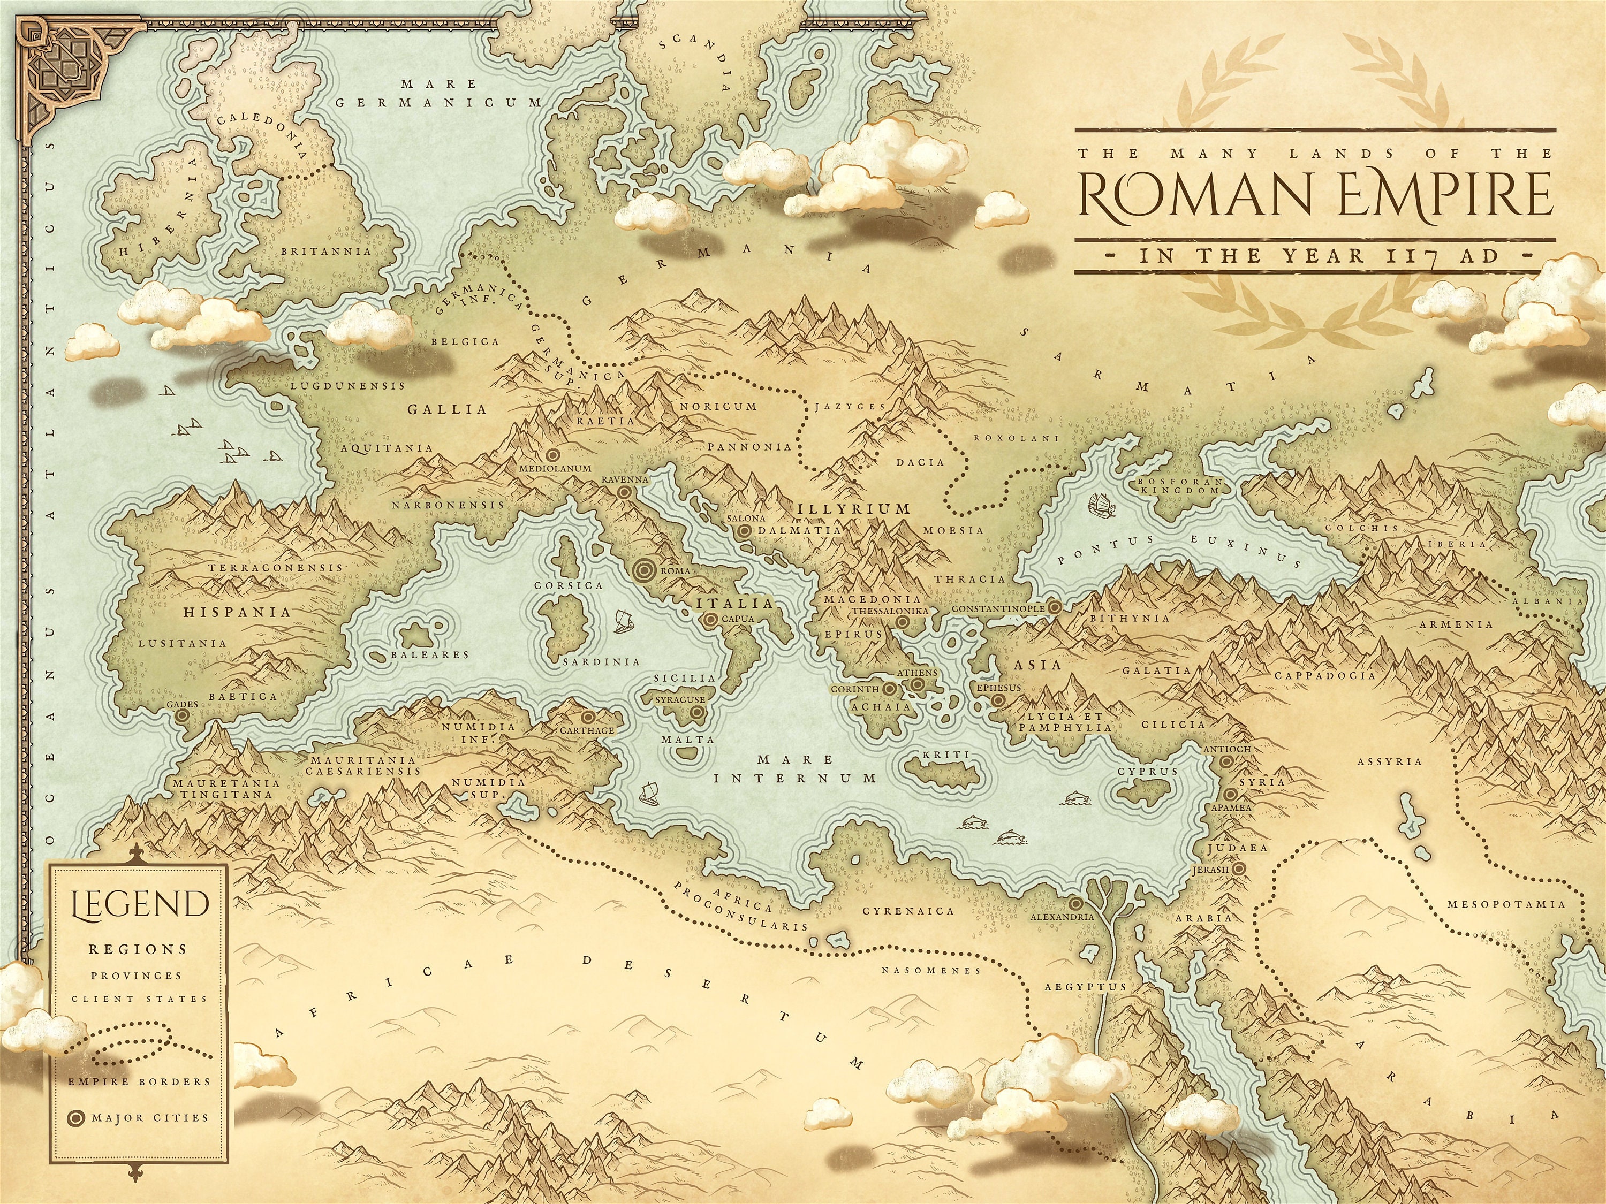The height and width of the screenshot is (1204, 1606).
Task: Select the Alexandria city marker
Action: [1075, 904]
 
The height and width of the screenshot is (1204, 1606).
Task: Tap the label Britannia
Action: [326, 251]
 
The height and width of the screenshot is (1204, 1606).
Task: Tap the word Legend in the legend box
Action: [138, 904]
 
